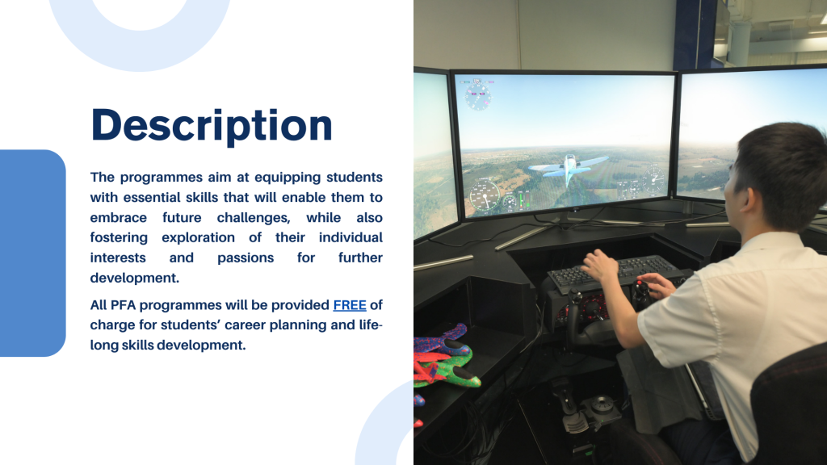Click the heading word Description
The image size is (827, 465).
point(212,125)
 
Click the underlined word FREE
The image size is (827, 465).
point(350,305)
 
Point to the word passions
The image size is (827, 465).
point(246,258)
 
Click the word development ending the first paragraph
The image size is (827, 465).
point(135,278)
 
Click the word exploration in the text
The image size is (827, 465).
point(199,238)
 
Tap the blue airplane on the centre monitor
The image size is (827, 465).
point(568,166)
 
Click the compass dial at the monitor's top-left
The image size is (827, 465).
point(478,97)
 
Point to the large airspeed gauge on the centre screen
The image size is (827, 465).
point(485,194)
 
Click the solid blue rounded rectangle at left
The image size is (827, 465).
point(31,253)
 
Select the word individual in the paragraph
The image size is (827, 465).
point(351,238)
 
